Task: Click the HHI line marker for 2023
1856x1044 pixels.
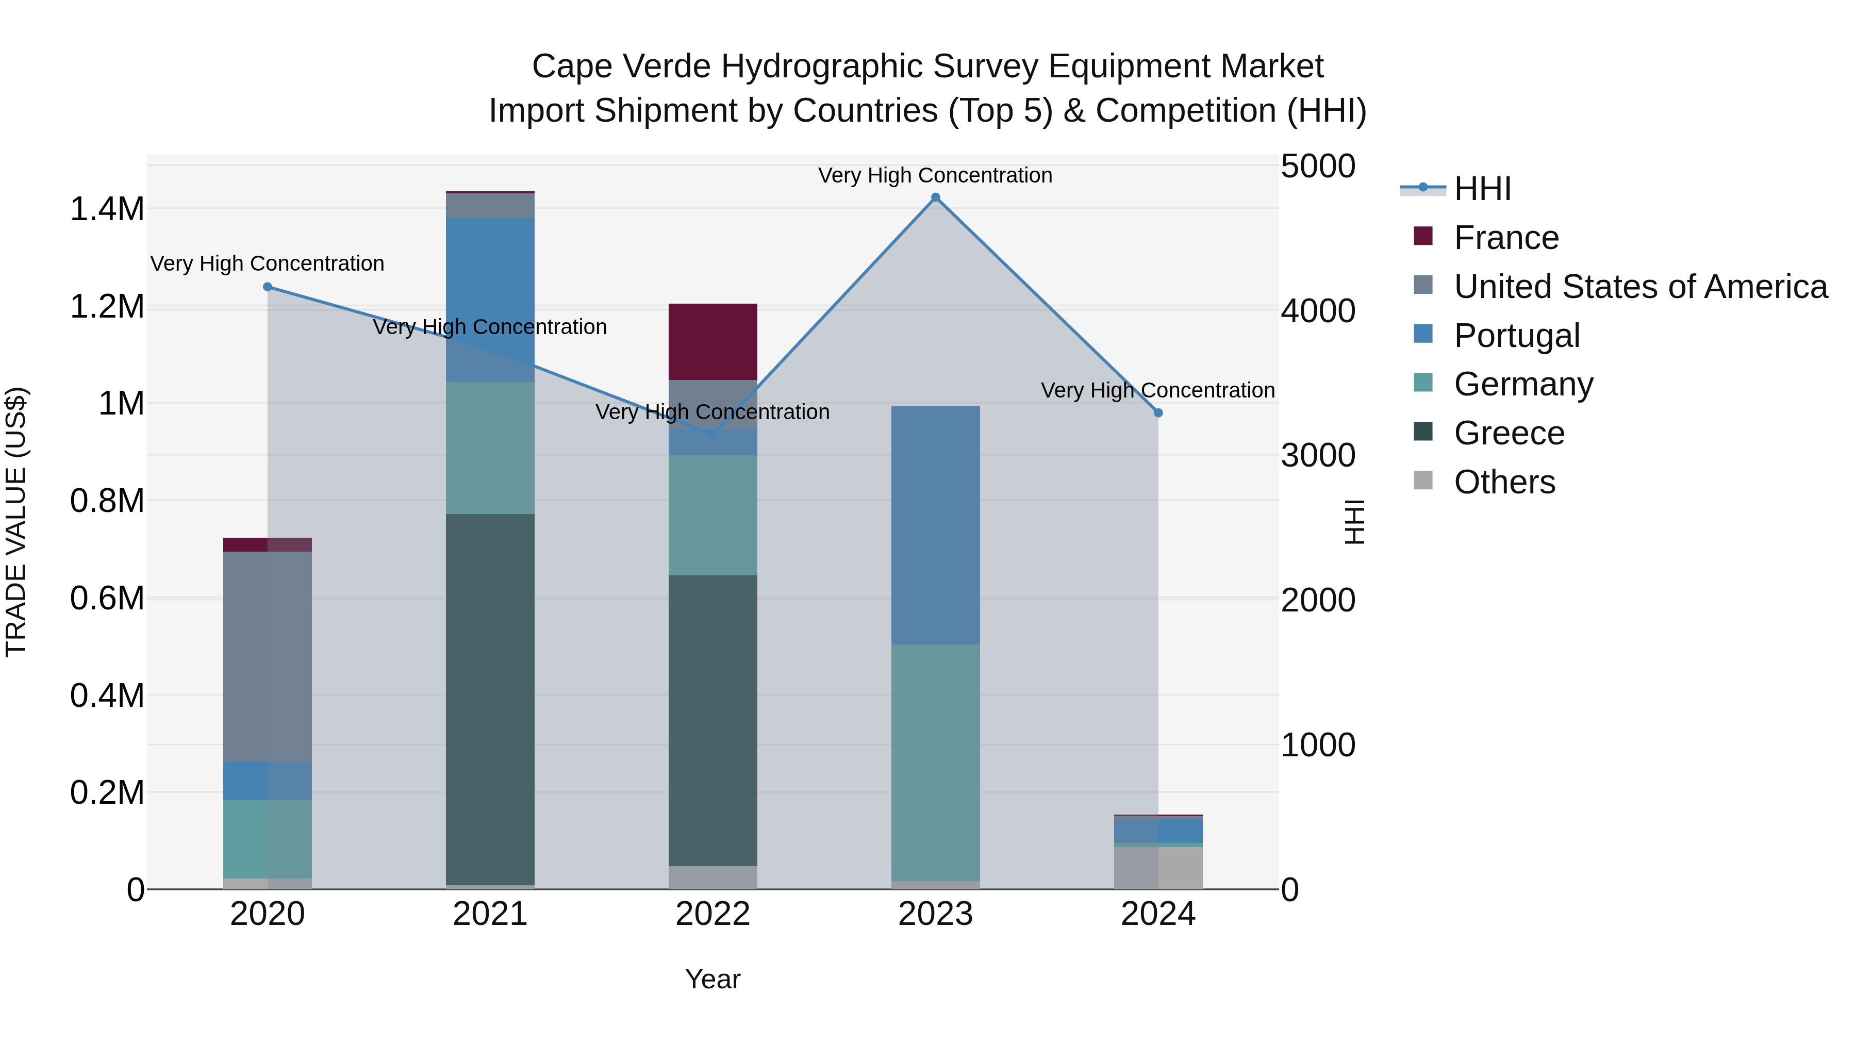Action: [x=935, y=197]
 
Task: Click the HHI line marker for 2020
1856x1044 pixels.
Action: [x=267, y=287]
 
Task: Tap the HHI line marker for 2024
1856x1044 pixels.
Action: [x=1158, y=413]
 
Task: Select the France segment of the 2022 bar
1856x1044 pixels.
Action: [x=712, y=341]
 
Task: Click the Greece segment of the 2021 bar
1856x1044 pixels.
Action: [x=490, y=699]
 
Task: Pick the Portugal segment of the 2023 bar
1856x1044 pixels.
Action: [x=935, y=525]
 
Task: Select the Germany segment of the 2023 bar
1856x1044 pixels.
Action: [x=935, y=763]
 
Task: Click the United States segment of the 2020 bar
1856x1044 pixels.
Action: [x=267, y=656]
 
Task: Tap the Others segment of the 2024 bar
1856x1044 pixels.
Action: [x=1158, y=868]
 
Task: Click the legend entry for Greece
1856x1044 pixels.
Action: [x=1509, y=433]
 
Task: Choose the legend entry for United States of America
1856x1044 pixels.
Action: [x=1640, y=287]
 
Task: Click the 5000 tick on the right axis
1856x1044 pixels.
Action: [x=1318, y=167]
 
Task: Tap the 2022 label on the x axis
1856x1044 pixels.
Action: [x=712, y=914]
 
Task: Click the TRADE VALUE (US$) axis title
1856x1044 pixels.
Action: [x=16, y=522]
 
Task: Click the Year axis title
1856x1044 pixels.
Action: [x=712, y=979]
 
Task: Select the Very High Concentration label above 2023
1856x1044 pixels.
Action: [x=935, y=175]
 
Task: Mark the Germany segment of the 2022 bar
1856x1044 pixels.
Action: [x=712, y=515]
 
